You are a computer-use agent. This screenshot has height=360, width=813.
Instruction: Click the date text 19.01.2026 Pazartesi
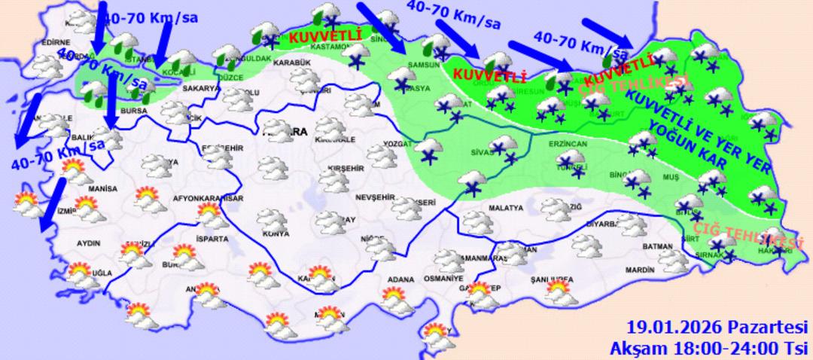(717, 328)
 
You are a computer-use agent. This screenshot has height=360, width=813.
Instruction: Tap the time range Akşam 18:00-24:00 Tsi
(710, 347)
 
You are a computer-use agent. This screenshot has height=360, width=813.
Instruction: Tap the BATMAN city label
(657, 246)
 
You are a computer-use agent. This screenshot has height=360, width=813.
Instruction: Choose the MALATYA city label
(505, 207)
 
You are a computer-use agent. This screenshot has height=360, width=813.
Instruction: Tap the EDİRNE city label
(57, 42)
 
